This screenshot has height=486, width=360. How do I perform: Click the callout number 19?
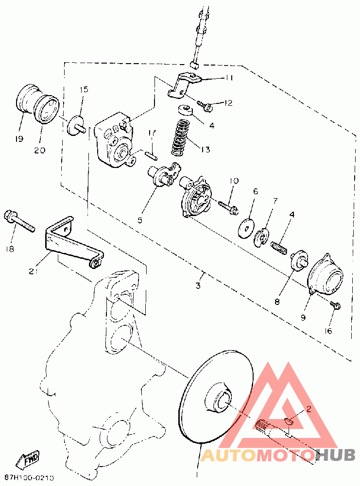[18, 139]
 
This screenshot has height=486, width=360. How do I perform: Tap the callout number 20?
[40, 150]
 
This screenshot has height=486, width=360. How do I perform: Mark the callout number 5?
[140, 220]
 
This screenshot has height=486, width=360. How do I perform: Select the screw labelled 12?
[205, 105]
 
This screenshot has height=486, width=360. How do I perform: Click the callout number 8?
[277, 301]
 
